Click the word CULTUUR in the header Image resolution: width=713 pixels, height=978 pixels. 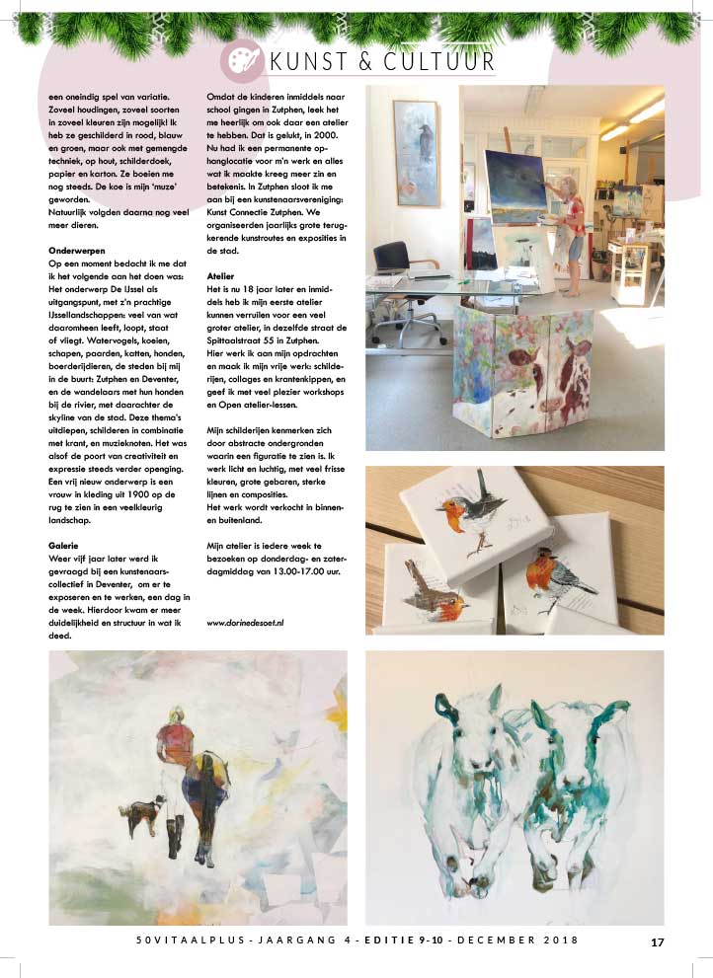[436, 61]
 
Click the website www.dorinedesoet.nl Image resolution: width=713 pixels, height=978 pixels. [251, 624]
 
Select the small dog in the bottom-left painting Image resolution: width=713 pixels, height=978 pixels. [145, 816]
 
